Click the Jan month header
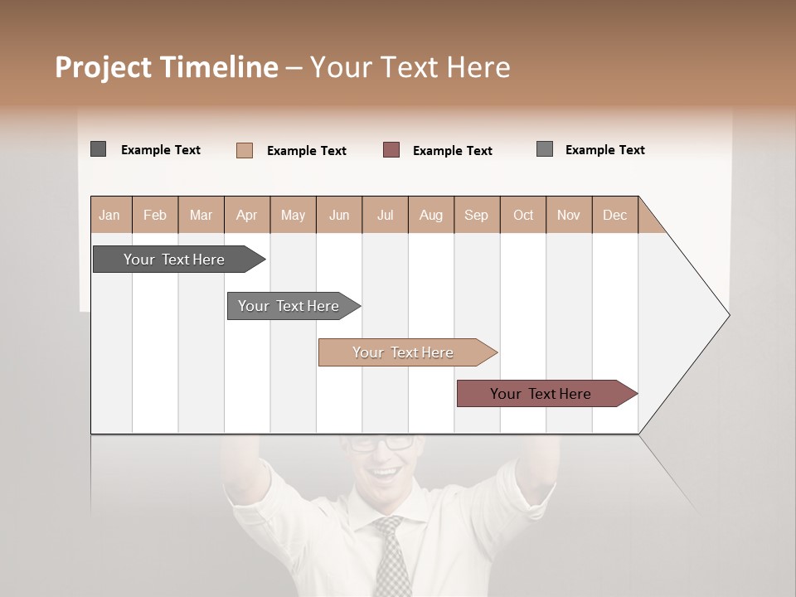pos(109,215)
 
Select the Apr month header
pos(246,215)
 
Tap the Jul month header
pos(385,215)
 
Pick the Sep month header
pos(476,215)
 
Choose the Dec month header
pos(614,215)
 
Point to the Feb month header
pos(155,215)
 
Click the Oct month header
pos(523,215)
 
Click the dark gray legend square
pos(99,149)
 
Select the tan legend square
pos(245,150)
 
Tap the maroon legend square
pos(391,150)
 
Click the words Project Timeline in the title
pos(167,67)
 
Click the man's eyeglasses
pos(381,443)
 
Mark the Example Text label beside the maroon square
pos(452,151)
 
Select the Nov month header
pos(569,215)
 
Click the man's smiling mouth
pos(384,474)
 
